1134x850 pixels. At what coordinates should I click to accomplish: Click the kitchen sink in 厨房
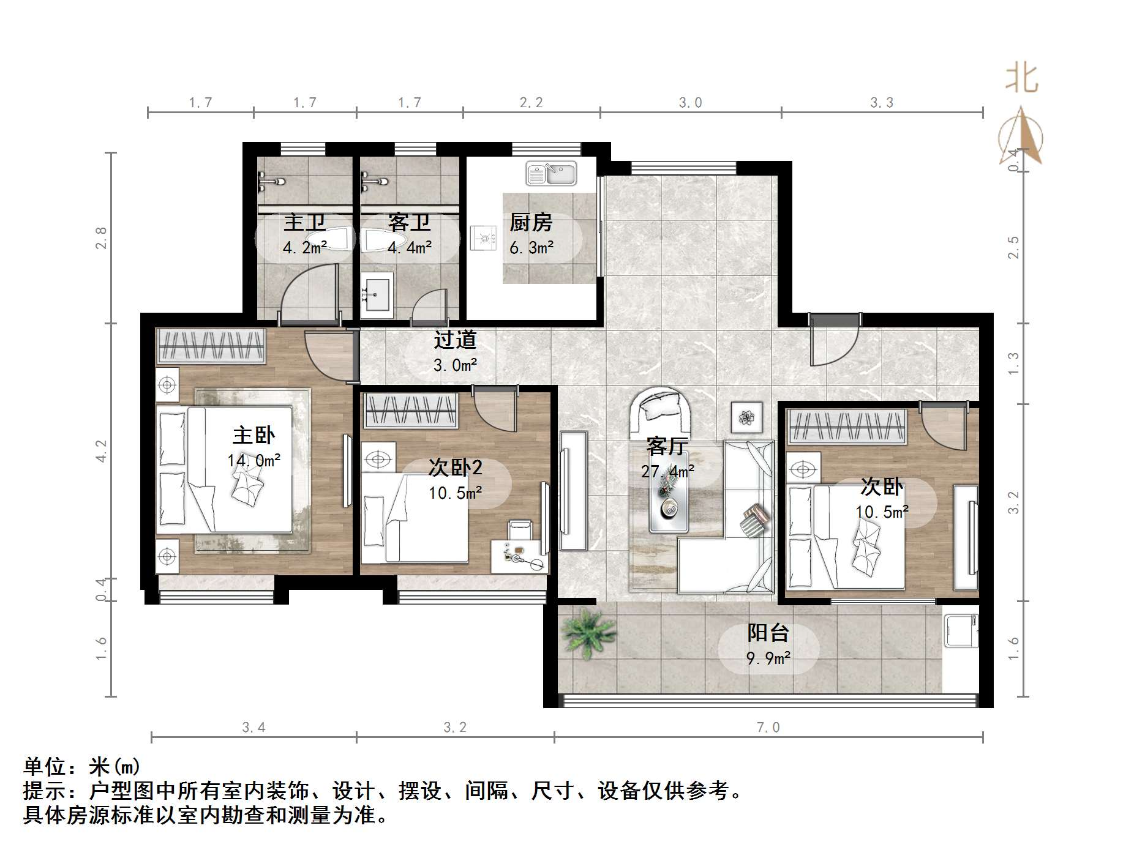tap(551, 174)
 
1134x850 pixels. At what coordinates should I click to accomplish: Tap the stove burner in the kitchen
tap(483, 238)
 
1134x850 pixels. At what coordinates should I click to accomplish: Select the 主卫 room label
tap(304, 222)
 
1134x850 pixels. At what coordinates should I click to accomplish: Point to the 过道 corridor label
tap(455, 340)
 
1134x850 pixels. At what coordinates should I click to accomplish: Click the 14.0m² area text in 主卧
tap(254, 460)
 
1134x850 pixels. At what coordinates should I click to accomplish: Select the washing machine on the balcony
tap(959, 631)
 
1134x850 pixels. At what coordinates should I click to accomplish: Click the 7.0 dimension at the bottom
tap(768, 728)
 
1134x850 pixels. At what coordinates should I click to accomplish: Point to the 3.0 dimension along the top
tap(690, 103)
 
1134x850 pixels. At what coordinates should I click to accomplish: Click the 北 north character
tap(1021, 78)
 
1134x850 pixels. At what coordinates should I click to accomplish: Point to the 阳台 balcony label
tap(768, 633)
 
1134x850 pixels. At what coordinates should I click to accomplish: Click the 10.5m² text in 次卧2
tap(455, 493)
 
